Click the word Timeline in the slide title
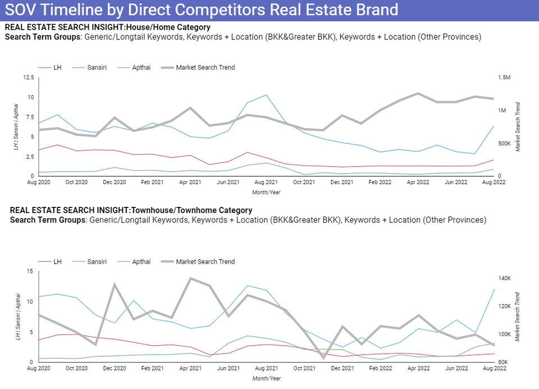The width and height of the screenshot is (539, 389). coord(76,10)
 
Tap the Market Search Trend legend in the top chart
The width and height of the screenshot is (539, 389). coord(205,67)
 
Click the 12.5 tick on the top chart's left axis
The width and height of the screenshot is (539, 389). coord(28,78)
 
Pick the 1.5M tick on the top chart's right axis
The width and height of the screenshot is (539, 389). coord(504,78)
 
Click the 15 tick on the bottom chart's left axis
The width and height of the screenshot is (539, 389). coord(30,272)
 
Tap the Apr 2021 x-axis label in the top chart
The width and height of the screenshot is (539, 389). coord(190,183)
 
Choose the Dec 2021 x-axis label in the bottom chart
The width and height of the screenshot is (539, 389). coord(342,369)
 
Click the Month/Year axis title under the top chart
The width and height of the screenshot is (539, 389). coord(267,192)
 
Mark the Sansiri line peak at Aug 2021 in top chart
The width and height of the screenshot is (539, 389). coord(266,95)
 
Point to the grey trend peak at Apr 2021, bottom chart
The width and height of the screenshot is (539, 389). coord(190,278)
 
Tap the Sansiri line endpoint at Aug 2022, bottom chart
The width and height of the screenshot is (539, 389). coord(494,290)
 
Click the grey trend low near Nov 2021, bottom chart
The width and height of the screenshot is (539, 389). coord(323,358)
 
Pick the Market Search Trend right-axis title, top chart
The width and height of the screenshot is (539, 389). coord(518,126)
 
